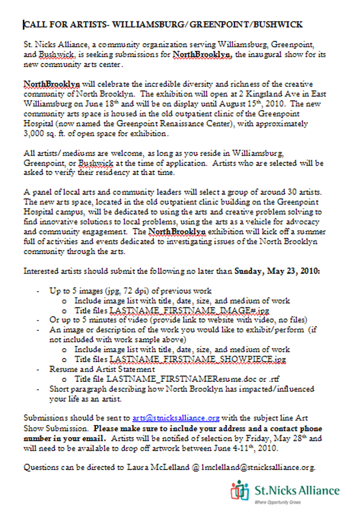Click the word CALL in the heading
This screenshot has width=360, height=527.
[35, 25]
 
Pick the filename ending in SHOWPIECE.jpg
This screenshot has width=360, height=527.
[184, 359]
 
